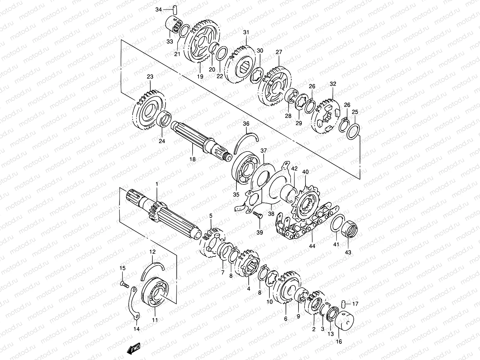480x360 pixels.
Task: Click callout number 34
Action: [x=158, y=10]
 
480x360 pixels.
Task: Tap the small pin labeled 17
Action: [x=343, y=304]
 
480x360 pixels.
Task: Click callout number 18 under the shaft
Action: [x=192, y=159]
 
